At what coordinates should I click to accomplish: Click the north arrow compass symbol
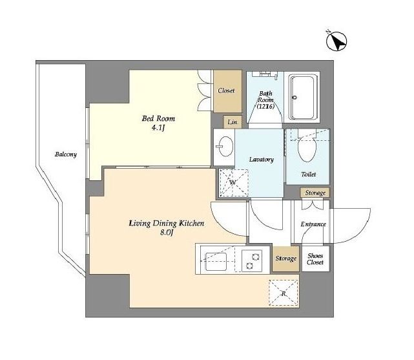click(336, 41)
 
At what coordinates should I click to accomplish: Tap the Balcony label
click(66, 154)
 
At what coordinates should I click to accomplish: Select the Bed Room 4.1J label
click(158, 123)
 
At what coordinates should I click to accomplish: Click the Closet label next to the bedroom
click(226, 90)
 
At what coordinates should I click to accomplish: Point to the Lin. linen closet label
click(233, 122)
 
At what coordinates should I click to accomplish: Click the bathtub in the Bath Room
click(303, 97)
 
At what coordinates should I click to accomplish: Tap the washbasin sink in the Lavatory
click(224, 146)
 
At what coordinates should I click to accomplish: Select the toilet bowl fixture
click(307, 146)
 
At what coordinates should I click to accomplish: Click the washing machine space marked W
click(234, 183)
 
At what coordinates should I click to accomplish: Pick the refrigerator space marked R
click(284, 293)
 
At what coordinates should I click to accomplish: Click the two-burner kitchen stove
click(252, 260)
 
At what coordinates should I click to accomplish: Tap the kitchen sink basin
click(216, 262)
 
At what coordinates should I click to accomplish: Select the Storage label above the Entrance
click(315, 193)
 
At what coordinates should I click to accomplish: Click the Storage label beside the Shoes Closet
click(286, 259)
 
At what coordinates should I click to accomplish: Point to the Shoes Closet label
click(315, 259)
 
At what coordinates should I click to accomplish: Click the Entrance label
click(313, 224)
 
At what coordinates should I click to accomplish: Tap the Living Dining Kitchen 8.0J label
click(167, 228)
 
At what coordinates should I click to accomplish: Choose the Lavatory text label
click(262, 159)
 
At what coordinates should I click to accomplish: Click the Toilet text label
click(308, 174)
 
